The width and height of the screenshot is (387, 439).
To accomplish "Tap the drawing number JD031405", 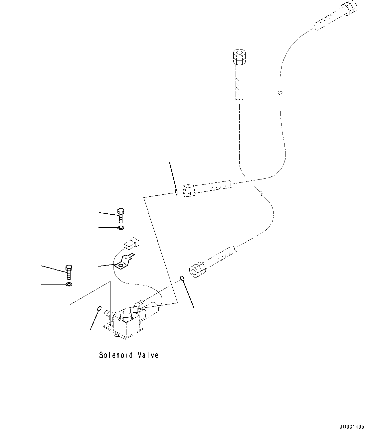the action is (x=352, y=427).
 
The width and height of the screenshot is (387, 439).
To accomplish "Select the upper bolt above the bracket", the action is (x=120, y=216).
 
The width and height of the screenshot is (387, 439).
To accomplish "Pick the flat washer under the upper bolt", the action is (x=120, y=228).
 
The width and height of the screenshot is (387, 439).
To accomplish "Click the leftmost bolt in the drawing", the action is (x=69, y=272).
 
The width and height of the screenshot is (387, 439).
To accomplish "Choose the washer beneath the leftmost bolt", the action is (x=69, y=284).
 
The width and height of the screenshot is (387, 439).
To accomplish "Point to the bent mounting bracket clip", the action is (x=124, y=262).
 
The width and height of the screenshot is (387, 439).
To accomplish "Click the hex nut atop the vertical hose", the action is (x=239, y=57).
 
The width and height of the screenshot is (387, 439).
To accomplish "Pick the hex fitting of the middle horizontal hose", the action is (x=189, y=190).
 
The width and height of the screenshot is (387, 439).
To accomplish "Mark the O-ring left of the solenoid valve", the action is (x=99, y=308).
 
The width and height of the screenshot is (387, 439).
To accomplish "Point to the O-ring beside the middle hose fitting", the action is (x=176, y=192).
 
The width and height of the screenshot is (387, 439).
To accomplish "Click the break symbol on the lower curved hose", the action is (x=262, y=193).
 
